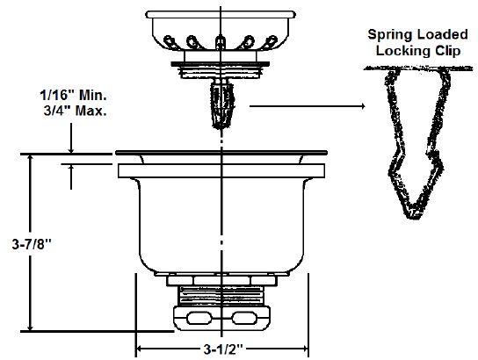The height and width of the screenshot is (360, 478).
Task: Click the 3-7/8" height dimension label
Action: [x=32, y=244]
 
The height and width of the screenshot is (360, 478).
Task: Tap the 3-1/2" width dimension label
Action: [x=223, y=349]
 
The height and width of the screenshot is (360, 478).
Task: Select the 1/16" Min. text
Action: [x=73, y=96]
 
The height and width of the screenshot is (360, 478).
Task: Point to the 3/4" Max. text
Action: [x=76, y=111]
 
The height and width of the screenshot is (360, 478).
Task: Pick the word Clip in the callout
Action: [x=447, y=51]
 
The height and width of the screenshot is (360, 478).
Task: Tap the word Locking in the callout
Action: [x=403, y=51]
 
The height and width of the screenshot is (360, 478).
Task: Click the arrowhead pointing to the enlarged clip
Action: [x=363, y=106]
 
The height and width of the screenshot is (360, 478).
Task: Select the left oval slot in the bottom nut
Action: [x=199, y=318]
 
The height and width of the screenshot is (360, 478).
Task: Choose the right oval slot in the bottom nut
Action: [x=244, y=318]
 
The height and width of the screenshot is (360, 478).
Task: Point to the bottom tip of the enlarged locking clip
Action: [x=416, y=218]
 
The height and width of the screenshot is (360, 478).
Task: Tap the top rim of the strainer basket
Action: [x=221, y=14]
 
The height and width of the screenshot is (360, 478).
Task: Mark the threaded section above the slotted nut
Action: [x=221, y=295]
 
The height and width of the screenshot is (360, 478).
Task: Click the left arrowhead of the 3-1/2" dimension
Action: [x=140, y=349]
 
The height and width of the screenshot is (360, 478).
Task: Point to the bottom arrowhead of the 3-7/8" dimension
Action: [x=30, y=328]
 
